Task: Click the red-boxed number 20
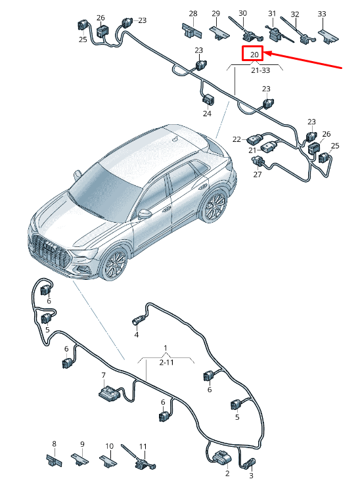[x=253, y=55]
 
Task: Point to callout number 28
[x=192, y=14]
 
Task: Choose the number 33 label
[x=321, y=14]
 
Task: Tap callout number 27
[x=257, y=174]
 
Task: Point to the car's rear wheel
[x=215, y=208]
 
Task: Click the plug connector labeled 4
[x=137, y=321]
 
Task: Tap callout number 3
[x=250, y=476]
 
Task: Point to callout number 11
[x=143, y=446]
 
